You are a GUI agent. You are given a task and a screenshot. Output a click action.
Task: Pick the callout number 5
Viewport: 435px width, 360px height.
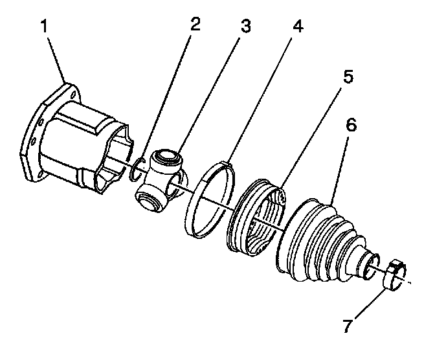click(x=348, y=76)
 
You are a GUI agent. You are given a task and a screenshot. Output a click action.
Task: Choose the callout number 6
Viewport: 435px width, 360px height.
click(x=350, y=125)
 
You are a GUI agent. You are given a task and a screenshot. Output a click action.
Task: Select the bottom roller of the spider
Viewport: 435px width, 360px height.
click(x=150, y=201)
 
